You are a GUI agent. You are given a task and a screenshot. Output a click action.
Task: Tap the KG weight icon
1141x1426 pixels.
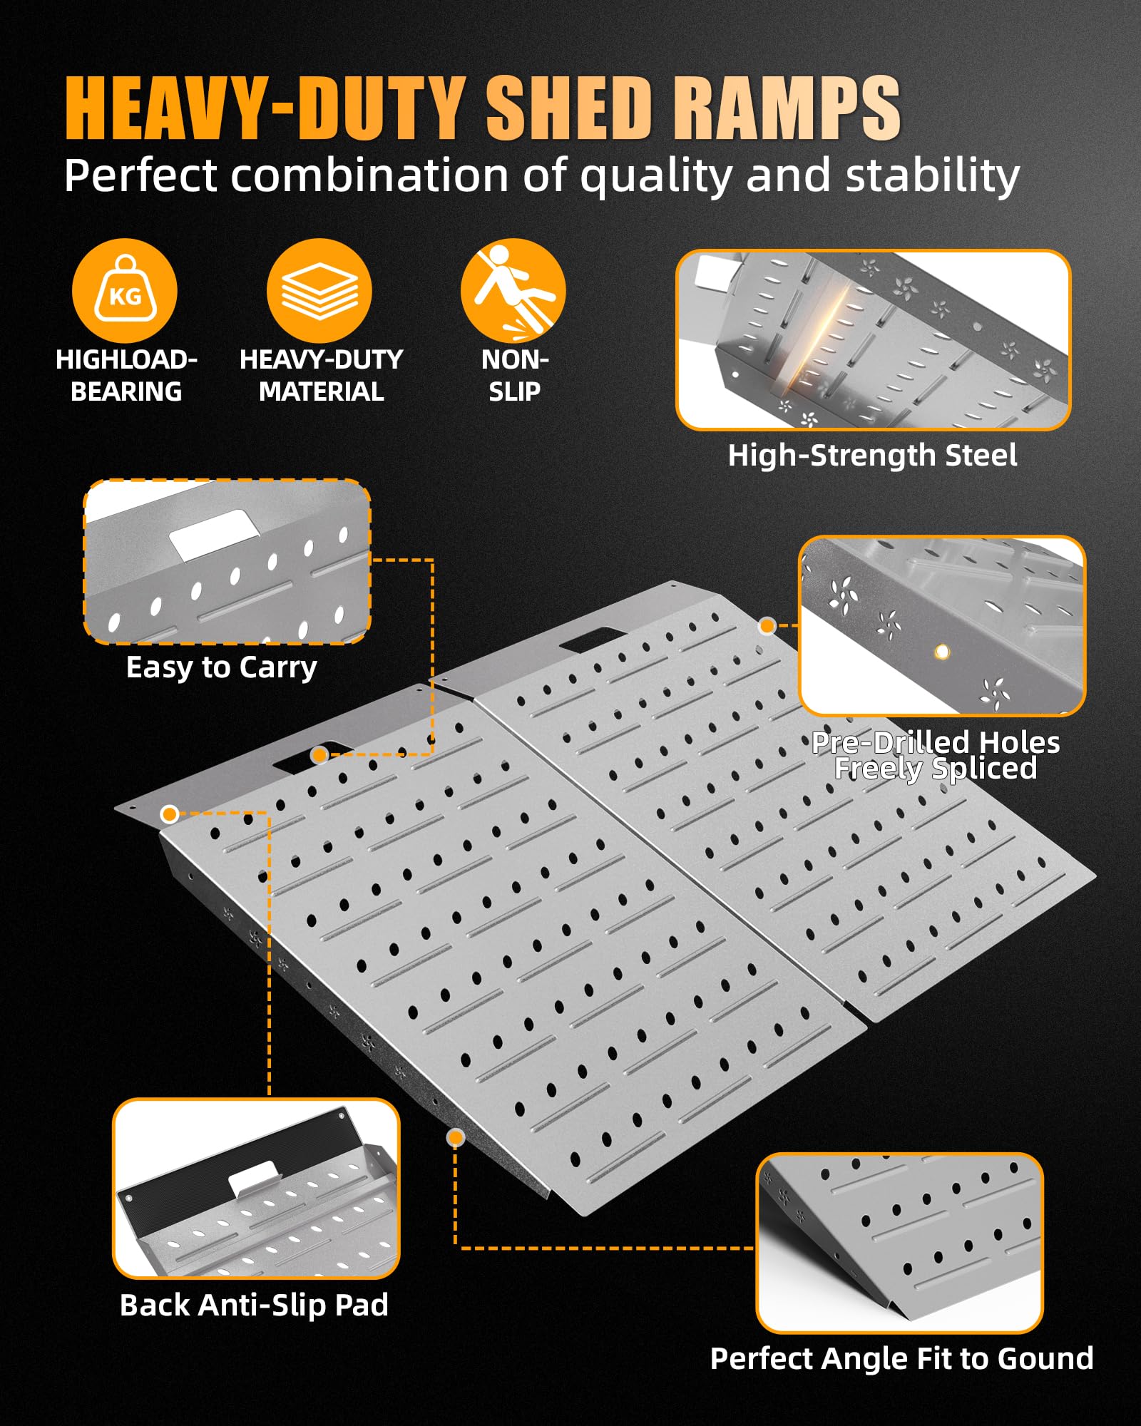[125, 290]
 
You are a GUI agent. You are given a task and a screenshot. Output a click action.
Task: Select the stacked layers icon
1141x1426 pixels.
[319, 290]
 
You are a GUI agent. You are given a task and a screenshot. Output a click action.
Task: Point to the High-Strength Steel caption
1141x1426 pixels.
[872, 455]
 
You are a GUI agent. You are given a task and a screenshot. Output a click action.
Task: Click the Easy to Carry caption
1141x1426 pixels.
[221, 667]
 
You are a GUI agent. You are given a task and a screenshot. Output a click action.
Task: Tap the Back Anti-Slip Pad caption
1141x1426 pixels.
[254, 1305]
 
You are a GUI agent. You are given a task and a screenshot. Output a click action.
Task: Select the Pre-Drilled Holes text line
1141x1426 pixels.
[936, 742]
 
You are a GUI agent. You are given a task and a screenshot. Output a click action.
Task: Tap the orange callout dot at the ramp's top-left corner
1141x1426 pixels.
[169, 814]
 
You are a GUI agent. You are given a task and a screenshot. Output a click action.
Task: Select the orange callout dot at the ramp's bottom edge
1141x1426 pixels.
[455, 1137]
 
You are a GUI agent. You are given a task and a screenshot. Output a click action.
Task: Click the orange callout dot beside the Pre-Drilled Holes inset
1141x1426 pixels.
[767, 626]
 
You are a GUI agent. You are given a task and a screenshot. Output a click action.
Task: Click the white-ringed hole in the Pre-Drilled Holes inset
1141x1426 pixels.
[942, 651]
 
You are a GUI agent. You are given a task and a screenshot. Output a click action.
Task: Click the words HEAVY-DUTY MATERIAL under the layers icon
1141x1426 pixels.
[321, 375]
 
